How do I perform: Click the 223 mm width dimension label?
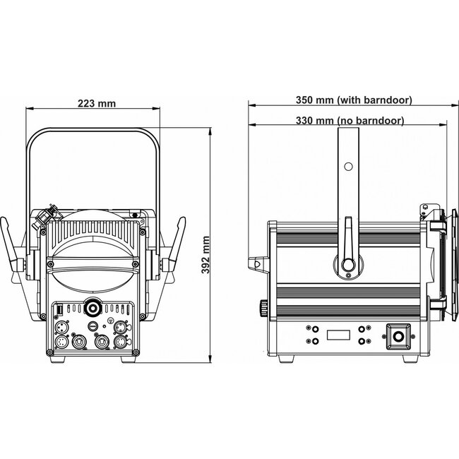point(97,103)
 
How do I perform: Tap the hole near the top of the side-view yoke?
point(347,167)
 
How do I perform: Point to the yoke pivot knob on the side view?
point(347,265)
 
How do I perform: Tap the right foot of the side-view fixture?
point(406,361)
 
